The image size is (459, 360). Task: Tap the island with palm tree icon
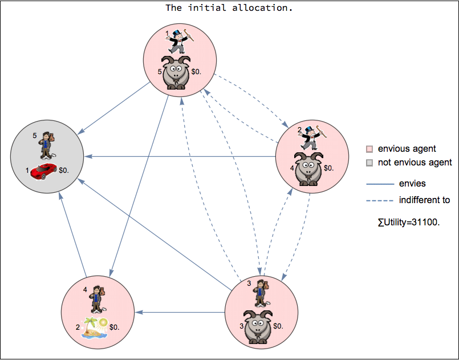tap(94, 328)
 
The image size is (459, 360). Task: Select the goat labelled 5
tap(177, 72)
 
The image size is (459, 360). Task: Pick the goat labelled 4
tap(308, 168)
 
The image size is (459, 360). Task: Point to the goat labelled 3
tap(259, 326)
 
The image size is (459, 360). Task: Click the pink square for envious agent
tap(369, 149)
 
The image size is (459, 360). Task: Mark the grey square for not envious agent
tap(369, 163)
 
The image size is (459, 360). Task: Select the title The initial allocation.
tap(229, 8)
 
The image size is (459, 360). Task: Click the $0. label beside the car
tap(64, 169)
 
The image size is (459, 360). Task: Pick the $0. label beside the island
tap(114, 327)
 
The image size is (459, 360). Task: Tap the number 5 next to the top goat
tap(160, 72)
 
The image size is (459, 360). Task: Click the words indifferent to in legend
tap(424, 200)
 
